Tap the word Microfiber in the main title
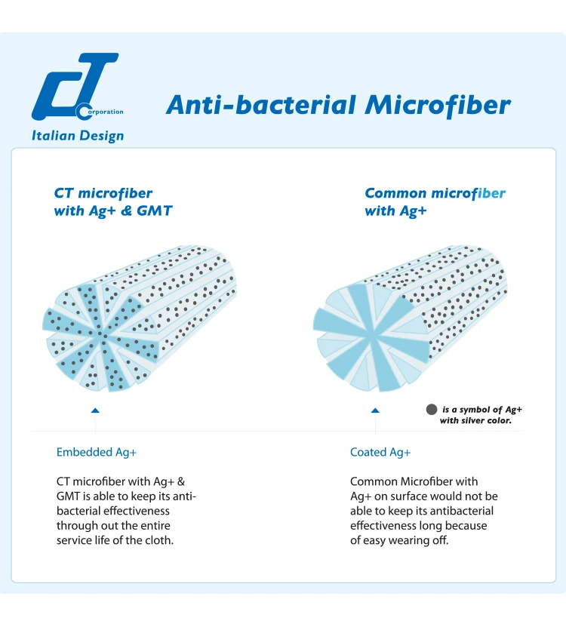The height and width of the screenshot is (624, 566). point(438,106)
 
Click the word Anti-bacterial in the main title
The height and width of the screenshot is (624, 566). point(261,105)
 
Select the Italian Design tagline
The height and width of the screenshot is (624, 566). point(78,136)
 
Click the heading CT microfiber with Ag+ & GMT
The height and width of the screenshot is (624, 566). point(113,202)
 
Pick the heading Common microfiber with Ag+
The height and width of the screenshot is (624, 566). point(435,202)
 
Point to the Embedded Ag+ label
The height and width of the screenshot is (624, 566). point(97,453)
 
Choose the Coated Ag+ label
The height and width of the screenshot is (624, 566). point(380,453)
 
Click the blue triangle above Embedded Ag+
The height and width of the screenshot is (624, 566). point(95,410)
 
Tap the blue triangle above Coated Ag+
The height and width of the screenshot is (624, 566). point(375,410)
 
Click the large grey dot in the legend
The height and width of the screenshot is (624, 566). point(432,410)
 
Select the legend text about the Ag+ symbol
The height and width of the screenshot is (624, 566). point(481,415)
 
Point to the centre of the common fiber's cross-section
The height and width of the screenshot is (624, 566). point(372,337)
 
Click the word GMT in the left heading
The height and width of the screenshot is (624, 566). point(155,211)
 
